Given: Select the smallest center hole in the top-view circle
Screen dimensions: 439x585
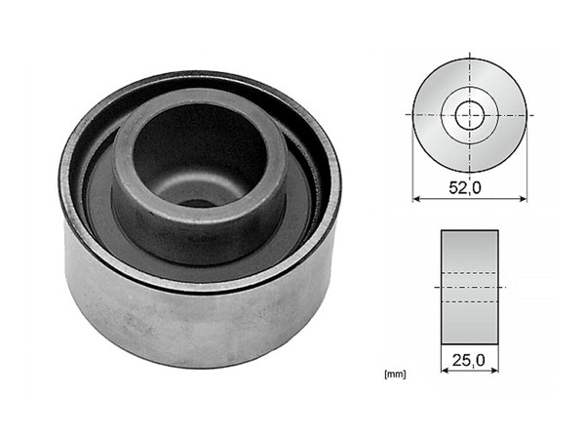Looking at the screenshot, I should [470, 114].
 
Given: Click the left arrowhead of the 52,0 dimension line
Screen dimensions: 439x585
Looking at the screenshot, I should [417, 199].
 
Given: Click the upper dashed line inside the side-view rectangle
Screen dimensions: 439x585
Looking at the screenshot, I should [470, 270].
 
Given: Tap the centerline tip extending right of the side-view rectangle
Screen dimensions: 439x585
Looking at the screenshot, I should [506, 286].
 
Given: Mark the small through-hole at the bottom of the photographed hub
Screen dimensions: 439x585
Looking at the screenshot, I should [195, 204].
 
